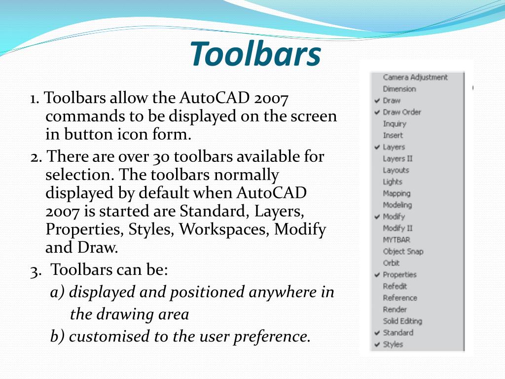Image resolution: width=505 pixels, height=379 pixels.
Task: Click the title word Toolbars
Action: pos(255,54)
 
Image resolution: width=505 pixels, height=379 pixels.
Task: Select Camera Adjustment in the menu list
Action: pos(415,77)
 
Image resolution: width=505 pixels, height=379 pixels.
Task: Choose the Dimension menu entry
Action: pos(399,89)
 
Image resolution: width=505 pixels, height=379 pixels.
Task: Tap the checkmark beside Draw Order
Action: pos(377,113)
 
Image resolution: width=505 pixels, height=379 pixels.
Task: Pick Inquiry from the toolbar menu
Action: pos(395,124)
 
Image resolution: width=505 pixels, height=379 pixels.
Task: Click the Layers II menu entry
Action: pos(397,158)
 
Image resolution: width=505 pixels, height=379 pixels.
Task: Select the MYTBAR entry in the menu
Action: pos(397,240)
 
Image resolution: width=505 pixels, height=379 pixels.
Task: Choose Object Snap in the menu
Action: pos(403,251)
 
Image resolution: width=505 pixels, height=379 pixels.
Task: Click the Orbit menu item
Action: pos(391,263)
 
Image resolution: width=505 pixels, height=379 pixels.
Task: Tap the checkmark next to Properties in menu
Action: pos(377,275)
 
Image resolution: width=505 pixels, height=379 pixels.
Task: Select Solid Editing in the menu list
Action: pos(402,321)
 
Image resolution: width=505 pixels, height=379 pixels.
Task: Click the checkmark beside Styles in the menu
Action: pos(377,344)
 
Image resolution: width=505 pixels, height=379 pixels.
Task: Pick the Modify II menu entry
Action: pos(397,228)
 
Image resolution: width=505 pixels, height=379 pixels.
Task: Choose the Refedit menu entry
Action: pos(395,286)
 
